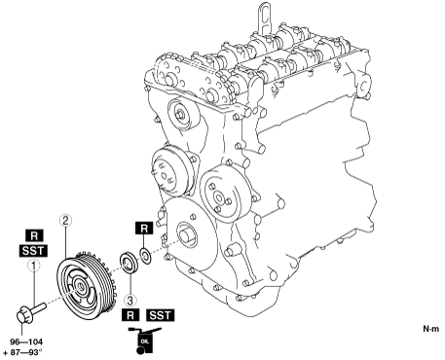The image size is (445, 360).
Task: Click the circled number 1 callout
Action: point(34,266)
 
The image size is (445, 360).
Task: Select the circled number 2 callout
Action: point(65,221)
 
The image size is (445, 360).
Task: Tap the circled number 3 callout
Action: point(130,301)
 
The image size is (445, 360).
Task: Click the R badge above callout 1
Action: point(34,235)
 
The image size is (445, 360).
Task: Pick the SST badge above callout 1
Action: point(33,251)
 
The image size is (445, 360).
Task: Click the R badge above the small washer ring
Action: point(144,229)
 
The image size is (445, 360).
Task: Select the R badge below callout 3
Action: point(130,315)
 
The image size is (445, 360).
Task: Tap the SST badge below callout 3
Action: point(161,315)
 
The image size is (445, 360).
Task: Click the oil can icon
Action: point(145,341)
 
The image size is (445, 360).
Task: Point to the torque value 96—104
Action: point(26,342)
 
